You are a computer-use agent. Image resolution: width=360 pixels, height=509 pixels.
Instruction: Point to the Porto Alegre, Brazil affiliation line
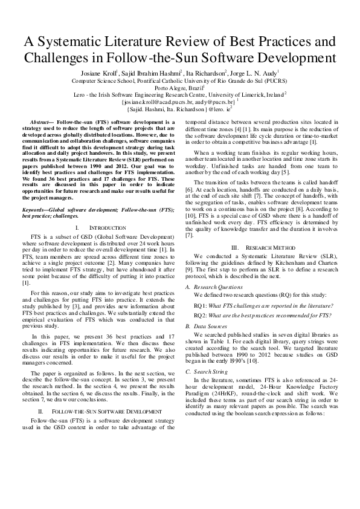(179, 87)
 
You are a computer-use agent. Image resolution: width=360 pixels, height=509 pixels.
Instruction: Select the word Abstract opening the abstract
(41, 122)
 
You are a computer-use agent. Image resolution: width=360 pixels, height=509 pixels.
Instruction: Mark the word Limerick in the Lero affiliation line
(240, 94)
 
